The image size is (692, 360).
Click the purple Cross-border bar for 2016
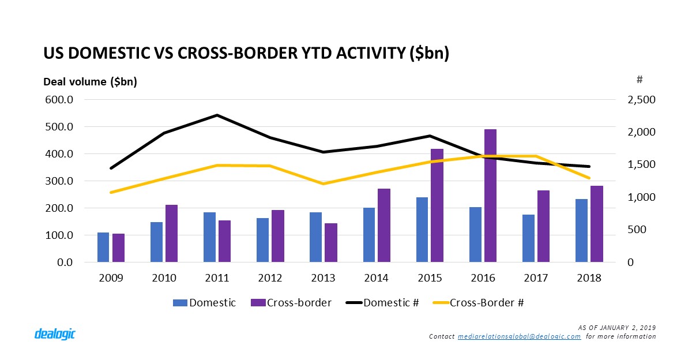490,196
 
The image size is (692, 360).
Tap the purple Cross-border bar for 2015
437,205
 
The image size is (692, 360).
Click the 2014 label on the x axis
377,278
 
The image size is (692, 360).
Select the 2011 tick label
217,278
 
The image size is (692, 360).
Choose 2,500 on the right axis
640,100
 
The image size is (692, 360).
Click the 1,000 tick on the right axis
640,197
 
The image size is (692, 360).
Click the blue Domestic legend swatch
179,302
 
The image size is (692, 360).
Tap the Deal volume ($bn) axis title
90,82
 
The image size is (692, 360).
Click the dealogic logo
55,333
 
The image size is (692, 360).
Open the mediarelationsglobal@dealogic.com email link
519,336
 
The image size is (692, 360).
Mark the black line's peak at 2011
217,115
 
